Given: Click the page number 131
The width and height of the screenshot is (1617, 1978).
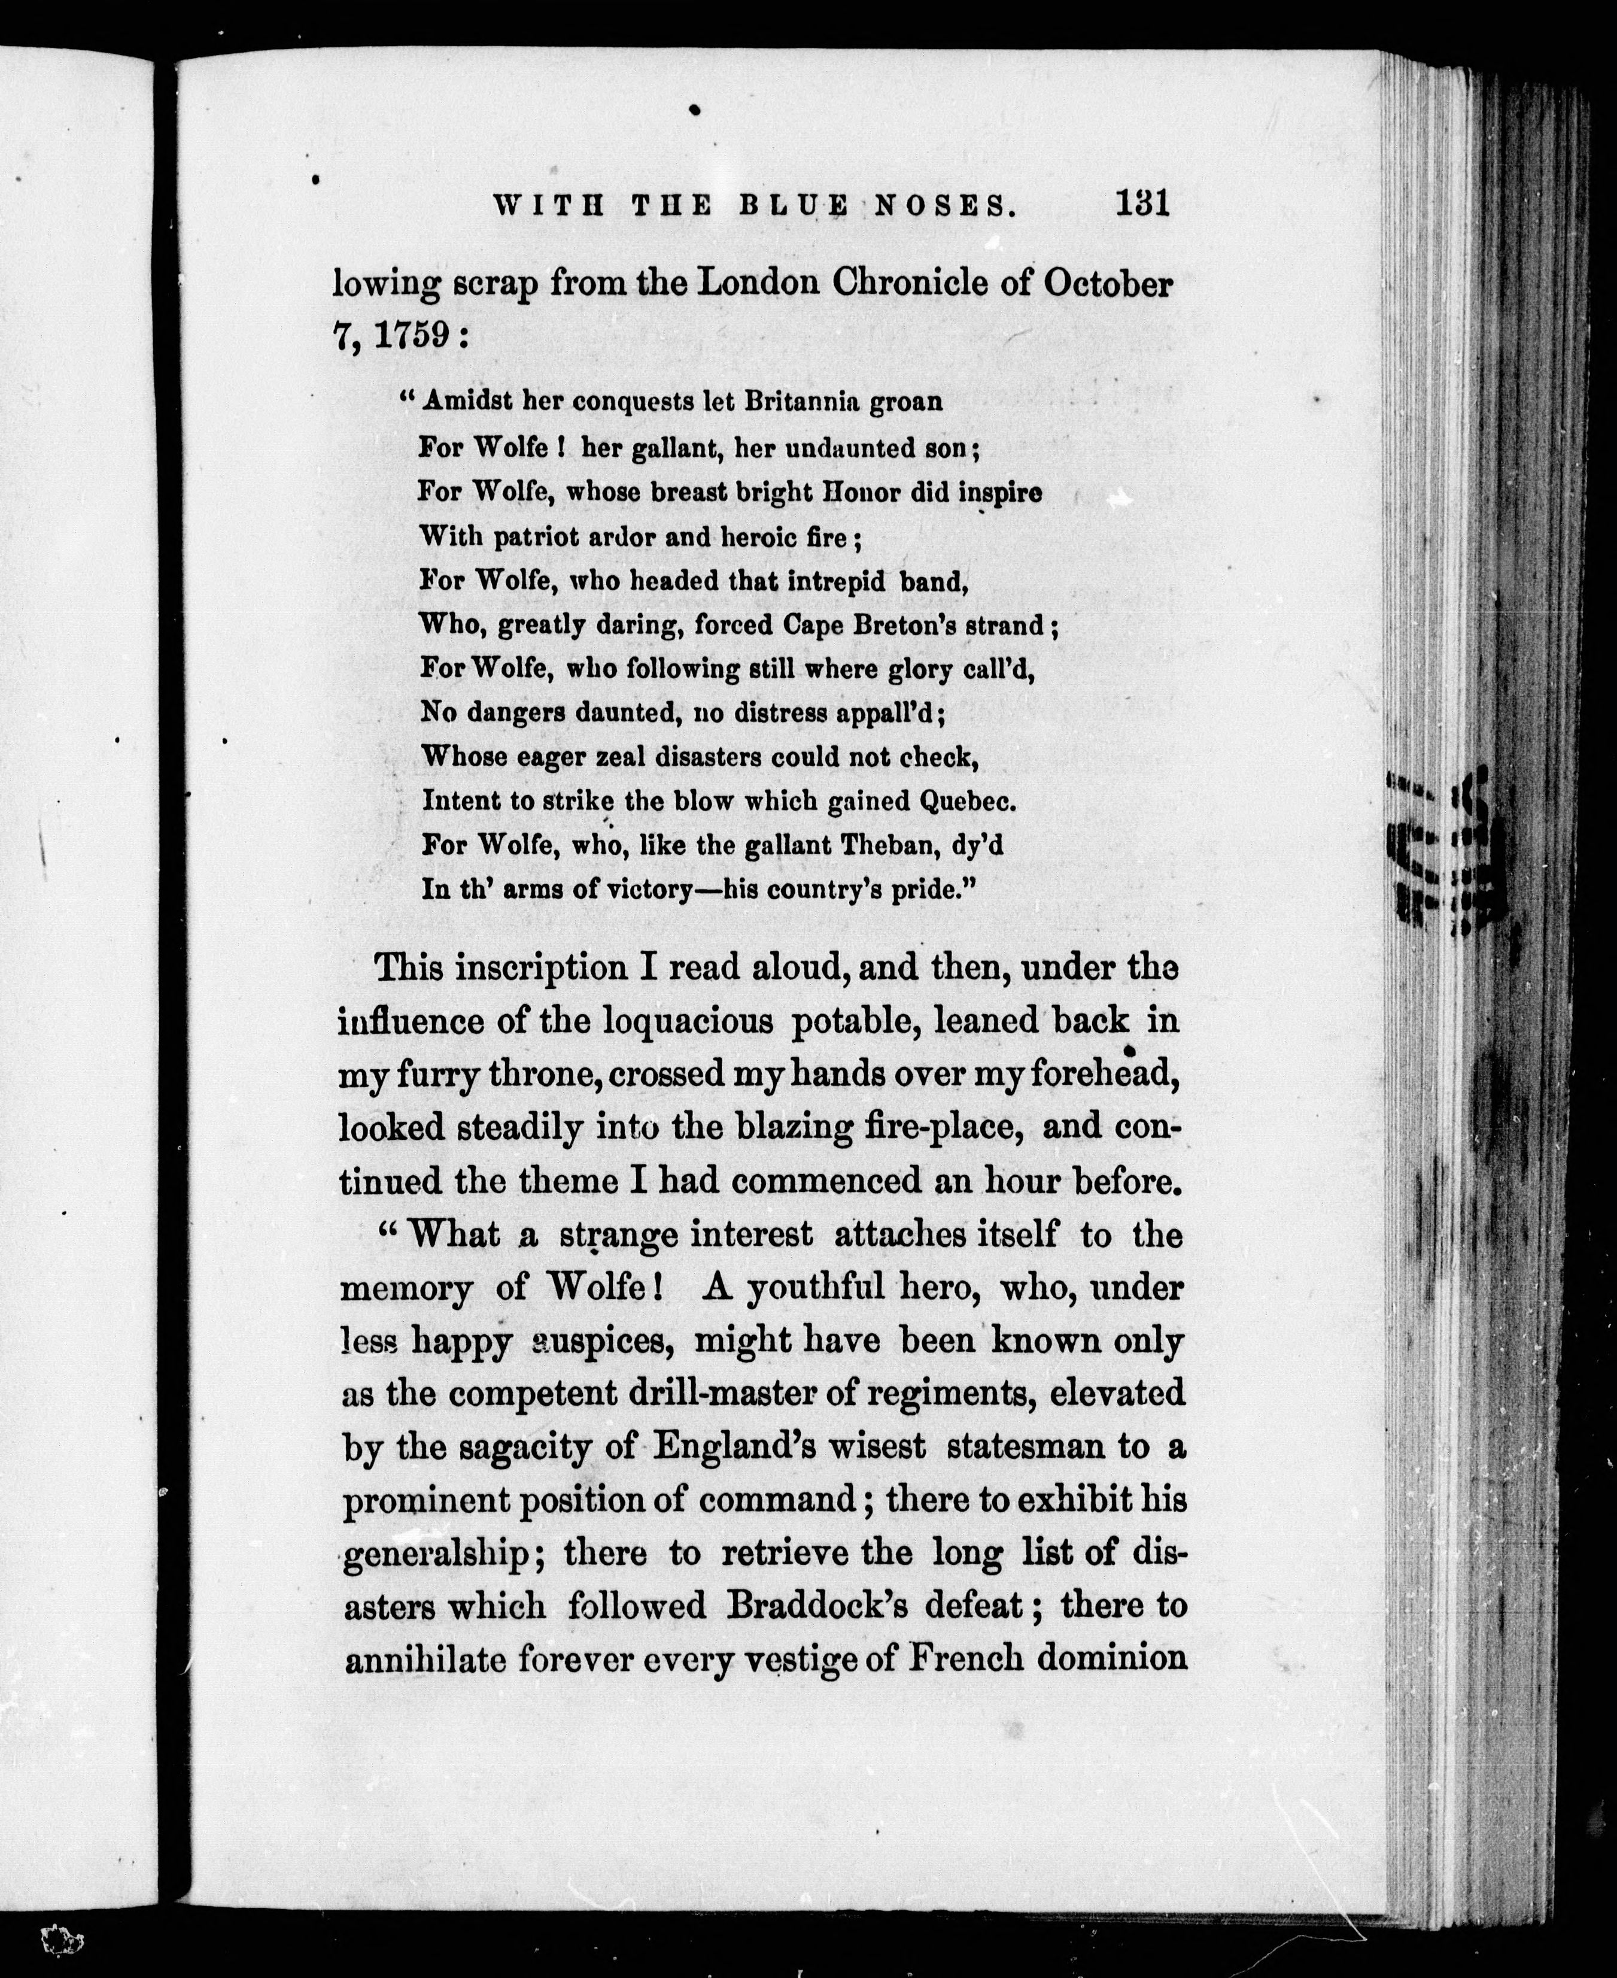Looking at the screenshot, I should pos(1142,203).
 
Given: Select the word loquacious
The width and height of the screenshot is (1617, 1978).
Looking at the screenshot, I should pos(688,1021).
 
